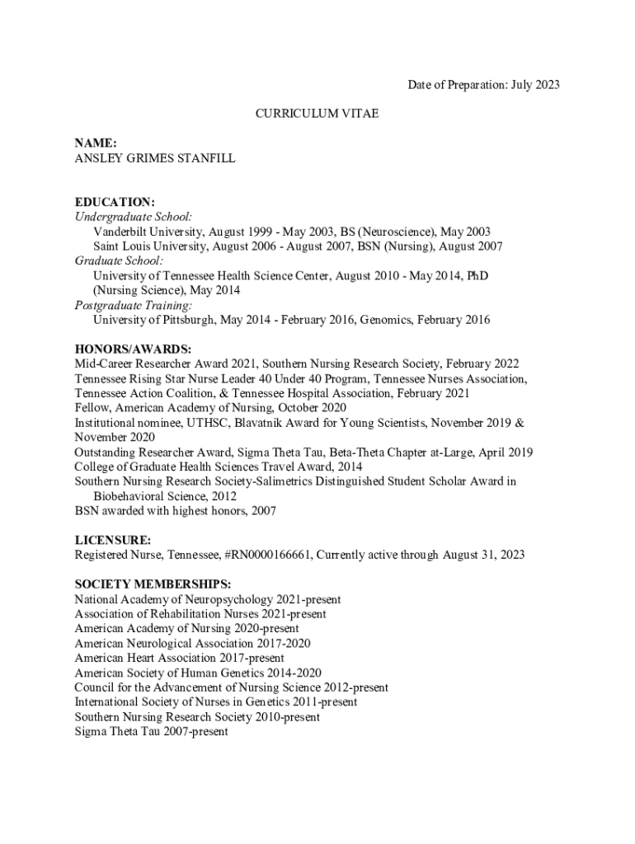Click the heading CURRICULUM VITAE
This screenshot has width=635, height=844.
point(317,114)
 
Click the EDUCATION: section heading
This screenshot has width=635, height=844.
point(115,202)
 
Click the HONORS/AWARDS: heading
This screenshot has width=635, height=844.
point(133,349)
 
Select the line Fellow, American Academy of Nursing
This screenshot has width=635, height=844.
point(210,408)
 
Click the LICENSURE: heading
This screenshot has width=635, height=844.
point(112,541)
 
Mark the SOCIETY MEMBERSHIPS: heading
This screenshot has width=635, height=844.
point(153,584)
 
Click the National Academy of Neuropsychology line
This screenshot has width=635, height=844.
point(207,599)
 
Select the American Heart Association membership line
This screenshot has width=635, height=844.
point(179,659)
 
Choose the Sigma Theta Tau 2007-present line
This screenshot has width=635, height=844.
point(151,731)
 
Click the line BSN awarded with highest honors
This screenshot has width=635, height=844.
point(175,511)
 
